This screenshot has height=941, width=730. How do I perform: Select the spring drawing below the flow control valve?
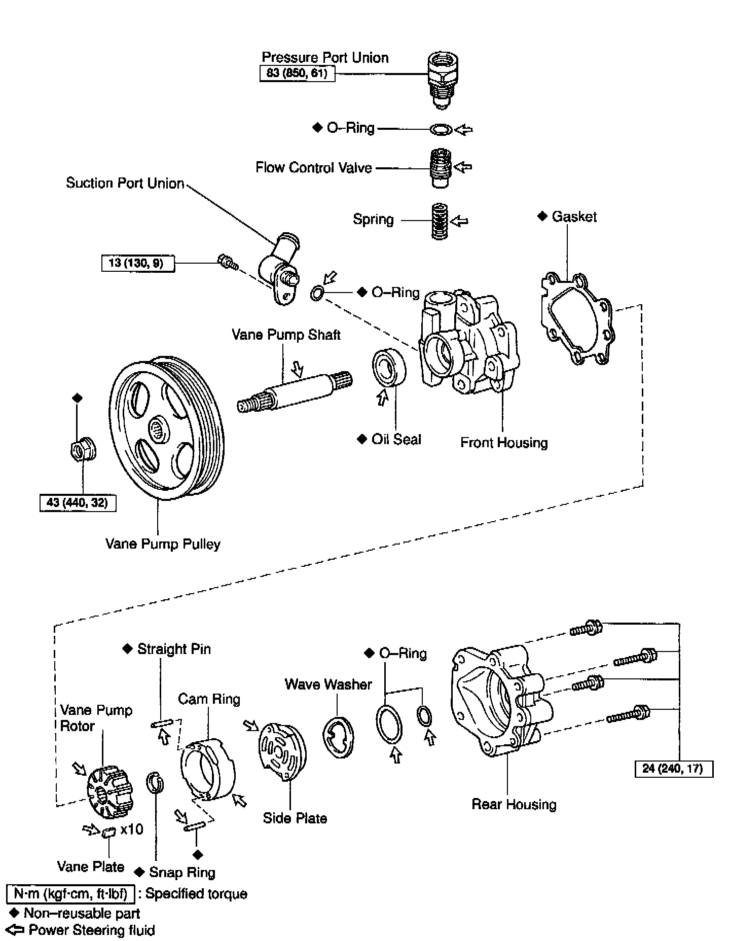(439, 221)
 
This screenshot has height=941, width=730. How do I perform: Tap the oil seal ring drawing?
(389, 367)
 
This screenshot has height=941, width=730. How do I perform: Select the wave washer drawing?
(338, 738)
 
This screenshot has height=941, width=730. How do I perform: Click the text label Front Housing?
(504, 443)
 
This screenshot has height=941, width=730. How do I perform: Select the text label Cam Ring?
(209, 699)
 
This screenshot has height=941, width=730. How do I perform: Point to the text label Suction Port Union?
(125, 183)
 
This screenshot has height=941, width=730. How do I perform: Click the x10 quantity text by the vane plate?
(132, 830)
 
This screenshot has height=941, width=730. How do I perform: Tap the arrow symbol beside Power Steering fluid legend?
(16, 930)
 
